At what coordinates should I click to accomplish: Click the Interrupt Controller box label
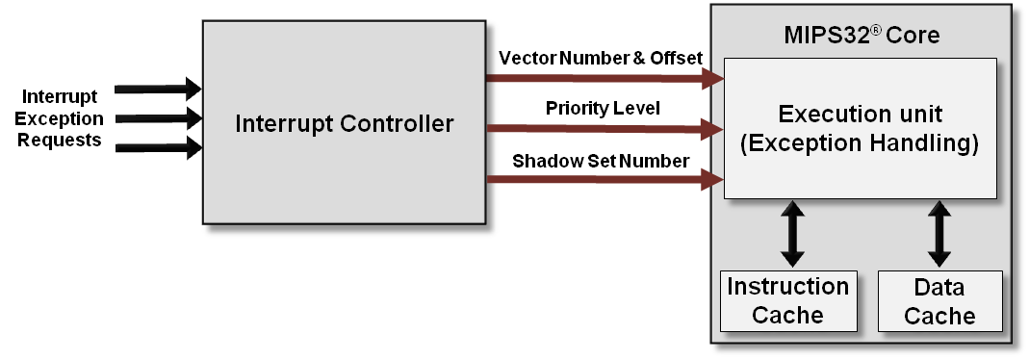pos(345,123)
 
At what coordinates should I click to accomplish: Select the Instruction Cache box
pos(787,299)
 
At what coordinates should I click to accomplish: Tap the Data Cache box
pos(939,300)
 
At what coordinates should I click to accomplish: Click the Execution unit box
pos(859,128)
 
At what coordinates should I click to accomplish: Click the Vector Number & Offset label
pos(601,59)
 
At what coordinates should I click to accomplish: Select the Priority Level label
pos(602,108)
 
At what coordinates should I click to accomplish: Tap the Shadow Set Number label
pos(600,160)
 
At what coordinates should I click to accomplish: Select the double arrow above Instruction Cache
pos(791,233)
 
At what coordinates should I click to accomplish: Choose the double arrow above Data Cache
pos(939,233)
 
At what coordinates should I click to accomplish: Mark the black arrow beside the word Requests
pos(158,148)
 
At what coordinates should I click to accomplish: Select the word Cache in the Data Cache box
pos(939,315)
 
